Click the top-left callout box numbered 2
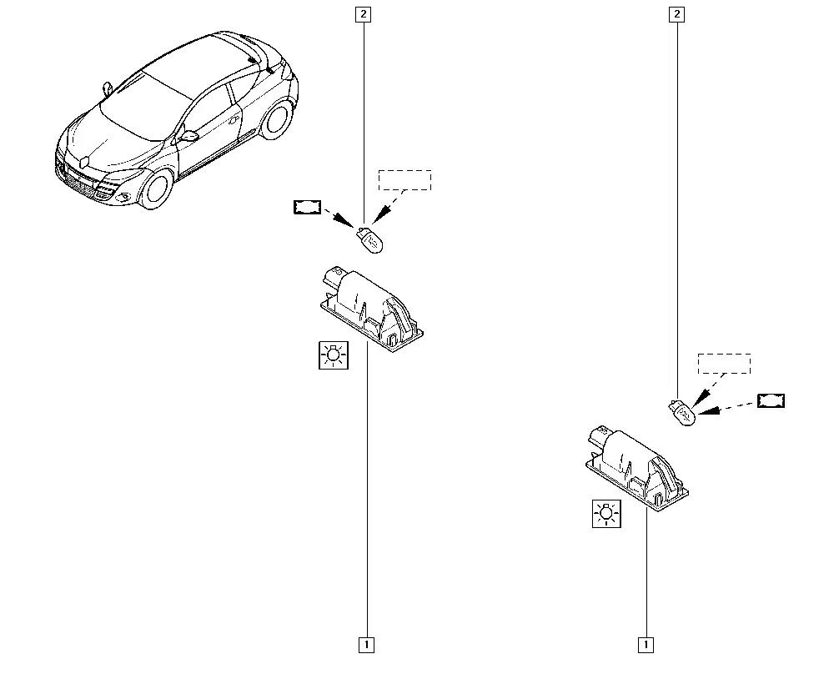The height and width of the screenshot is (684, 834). tap(364, 14)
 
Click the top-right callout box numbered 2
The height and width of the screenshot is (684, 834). tap(676, 14)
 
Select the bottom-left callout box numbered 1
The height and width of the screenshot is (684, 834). tap(366, 645)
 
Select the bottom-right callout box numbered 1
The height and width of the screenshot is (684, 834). tap(646, 645)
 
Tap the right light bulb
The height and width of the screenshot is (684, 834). tap(682, 413)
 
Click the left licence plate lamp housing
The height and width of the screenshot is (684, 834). tap(372, 309)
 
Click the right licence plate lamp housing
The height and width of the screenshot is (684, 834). tap(636, 468)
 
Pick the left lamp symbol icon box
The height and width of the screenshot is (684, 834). tap(334, 355)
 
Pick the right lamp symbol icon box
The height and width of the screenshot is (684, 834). tap(607, 514)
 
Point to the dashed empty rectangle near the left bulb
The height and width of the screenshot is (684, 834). tap(404, 180)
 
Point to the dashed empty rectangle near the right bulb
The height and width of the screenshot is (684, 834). tap(725, 364)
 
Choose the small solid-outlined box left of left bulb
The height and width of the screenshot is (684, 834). tap(308, 207)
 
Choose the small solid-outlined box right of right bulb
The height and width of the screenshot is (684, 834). tap(771, 400)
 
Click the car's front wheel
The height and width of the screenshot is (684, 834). tap(155, 189)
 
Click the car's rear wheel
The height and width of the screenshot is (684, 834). tap(276, 119)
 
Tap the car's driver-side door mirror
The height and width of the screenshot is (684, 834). tap(188, 136)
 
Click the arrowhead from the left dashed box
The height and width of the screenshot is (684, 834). tap(381, 215)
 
